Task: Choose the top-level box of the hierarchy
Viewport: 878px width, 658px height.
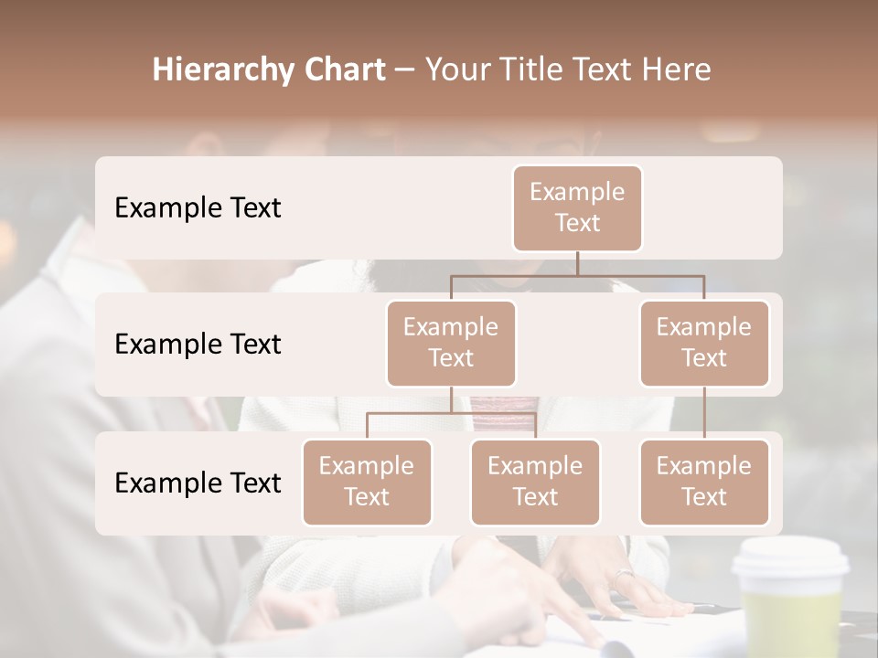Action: (577, 207)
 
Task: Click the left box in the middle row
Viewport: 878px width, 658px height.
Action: (451, 343)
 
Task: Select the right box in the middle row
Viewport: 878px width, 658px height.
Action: (704, 343)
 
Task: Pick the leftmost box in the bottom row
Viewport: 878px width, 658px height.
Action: (367, 482)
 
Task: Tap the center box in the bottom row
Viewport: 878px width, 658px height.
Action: (535, 482)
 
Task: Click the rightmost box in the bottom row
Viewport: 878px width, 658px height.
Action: (704, 482)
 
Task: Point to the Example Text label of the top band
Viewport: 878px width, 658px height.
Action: (198, 207)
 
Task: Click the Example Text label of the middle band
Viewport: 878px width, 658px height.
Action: (198, 344)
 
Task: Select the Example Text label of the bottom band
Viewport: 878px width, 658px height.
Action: (198, 483)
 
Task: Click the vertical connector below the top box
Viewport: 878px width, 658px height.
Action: (577, 263)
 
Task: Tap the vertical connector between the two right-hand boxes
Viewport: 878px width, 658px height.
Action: (704, 413)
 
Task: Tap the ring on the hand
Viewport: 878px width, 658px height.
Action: (624, 575)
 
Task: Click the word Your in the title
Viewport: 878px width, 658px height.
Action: (457, 70)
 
